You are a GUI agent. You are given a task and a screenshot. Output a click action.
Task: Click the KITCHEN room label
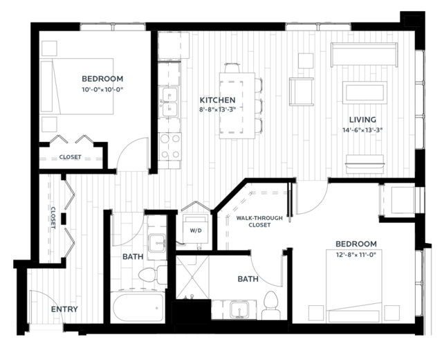217,100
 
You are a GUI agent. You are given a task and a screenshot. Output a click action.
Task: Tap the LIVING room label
362,120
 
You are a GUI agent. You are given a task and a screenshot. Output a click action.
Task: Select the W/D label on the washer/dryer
196,231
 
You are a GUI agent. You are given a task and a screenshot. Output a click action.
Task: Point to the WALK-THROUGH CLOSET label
259,222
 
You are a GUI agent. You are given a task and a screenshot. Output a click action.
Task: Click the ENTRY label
64,309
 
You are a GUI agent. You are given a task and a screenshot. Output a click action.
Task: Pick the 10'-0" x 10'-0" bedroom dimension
103,90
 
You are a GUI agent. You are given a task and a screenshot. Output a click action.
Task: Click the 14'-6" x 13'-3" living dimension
362,130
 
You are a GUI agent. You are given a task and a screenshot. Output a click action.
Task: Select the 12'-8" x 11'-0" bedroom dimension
356,255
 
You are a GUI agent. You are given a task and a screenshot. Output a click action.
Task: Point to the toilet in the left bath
153,275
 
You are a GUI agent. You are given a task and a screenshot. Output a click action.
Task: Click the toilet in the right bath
271,305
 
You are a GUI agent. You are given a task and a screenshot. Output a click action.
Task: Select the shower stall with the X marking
192,277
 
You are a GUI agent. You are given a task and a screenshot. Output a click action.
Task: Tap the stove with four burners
169,147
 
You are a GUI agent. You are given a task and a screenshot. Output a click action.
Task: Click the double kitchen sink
169,102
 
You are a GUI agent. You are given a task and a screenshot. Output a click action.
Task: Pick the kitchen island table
237,105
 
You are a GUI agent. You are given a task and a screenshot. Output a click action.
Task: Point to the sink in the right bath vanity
239,309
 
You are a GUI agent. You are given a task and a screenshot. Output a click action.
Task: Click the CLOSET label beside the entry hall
53,218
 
